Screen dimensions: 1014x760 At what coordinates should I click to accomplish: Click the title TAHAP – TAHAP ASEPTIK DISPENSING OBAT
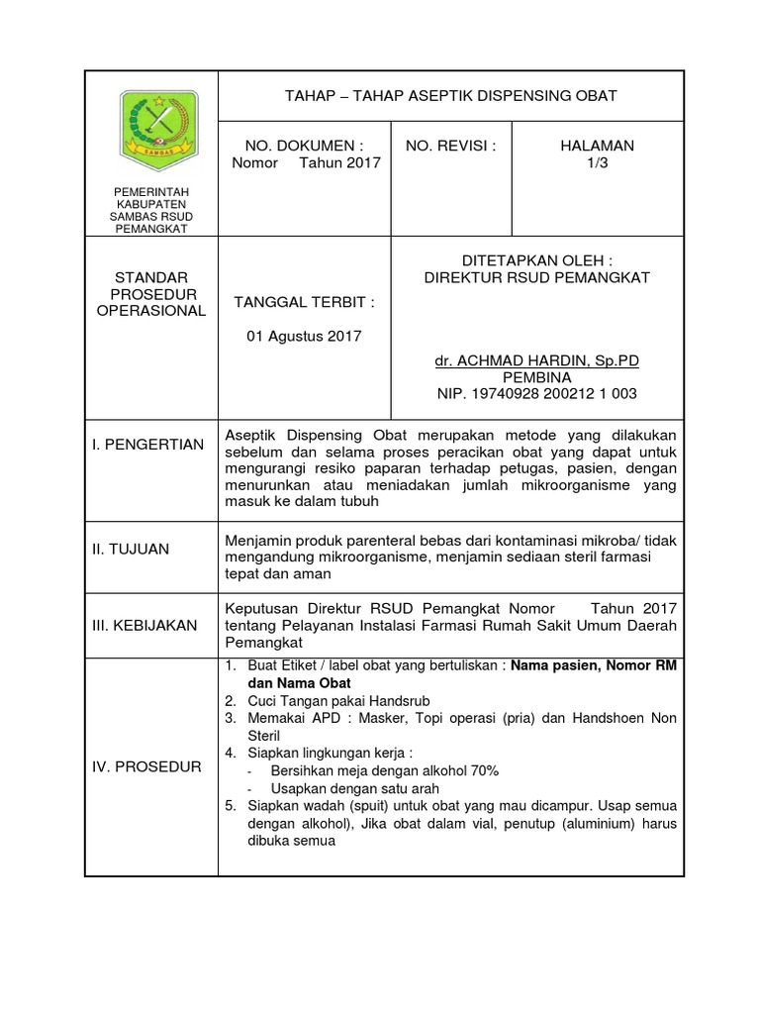point(450,95)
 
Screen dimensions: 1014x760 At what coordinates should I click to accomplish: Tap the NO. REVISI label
point(450,146)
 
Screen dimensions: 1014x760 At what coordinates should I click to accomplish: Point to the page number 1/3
point(597,163)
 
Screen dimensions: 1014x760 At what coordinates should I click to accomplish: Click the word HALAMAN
point(597,146)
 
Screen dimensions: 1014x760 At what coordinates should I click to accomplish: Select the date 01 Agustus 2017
point(304,336)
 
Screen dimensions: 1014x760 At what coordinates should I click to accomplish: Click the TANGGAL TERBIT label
point(304,301)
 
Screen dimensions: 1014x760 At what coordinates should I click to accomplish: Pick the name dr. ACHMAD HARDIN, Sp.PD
point(537,361)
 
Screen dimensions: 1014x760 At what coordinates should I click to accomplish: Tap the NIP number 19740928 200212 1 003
point(537,394)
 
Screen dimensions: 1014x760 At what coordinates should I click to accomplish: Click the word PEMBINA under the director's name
point(537,377)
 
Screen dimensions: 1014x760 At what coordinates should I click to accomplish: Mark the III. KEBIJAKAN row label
point(144,625)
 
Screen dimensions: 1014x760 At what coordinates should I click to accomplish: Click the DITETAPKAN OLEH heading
point(537,259)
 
